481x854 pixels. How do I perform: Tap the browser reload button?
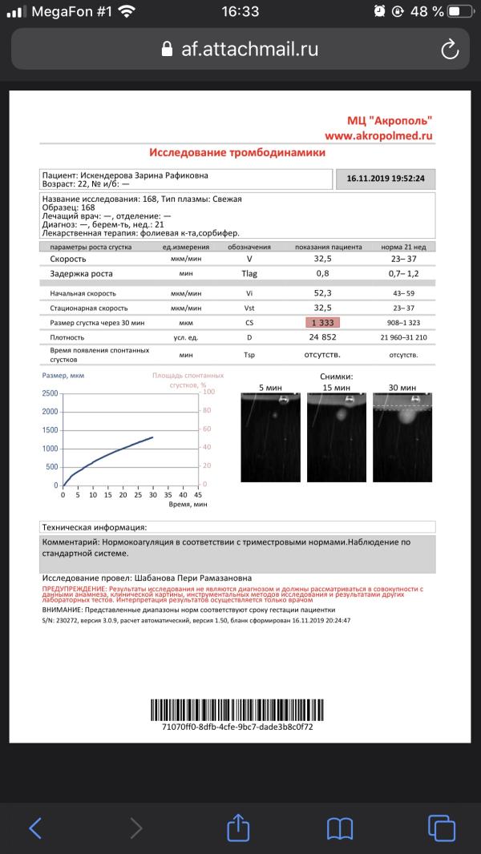pos(450,50)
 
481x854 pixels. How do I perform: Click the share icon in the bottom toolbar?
pos(238,828)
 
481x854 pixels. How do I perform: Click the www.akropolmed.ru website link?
pos(378,136)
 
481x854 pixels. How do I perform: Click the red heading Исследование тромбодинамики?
pos(237,152)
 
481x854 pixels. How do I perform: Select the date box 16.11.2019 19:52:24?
pos(386,179)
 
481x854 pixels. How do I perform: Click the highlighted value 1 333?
pos(323,323)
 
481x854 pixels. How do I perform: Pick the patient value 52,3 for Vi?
pos(323,294)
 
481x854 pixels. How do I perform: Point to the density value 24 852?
pos(323,338)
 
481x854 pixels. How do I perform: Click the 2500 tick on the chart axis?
pos(49,393)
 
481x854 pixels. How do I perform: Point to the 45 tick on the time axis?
pos(198,495)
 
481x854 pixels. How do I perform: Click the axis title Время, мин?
pos(188,506)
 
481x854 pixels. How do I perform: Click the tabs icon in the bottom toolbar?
pos(442,828)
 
